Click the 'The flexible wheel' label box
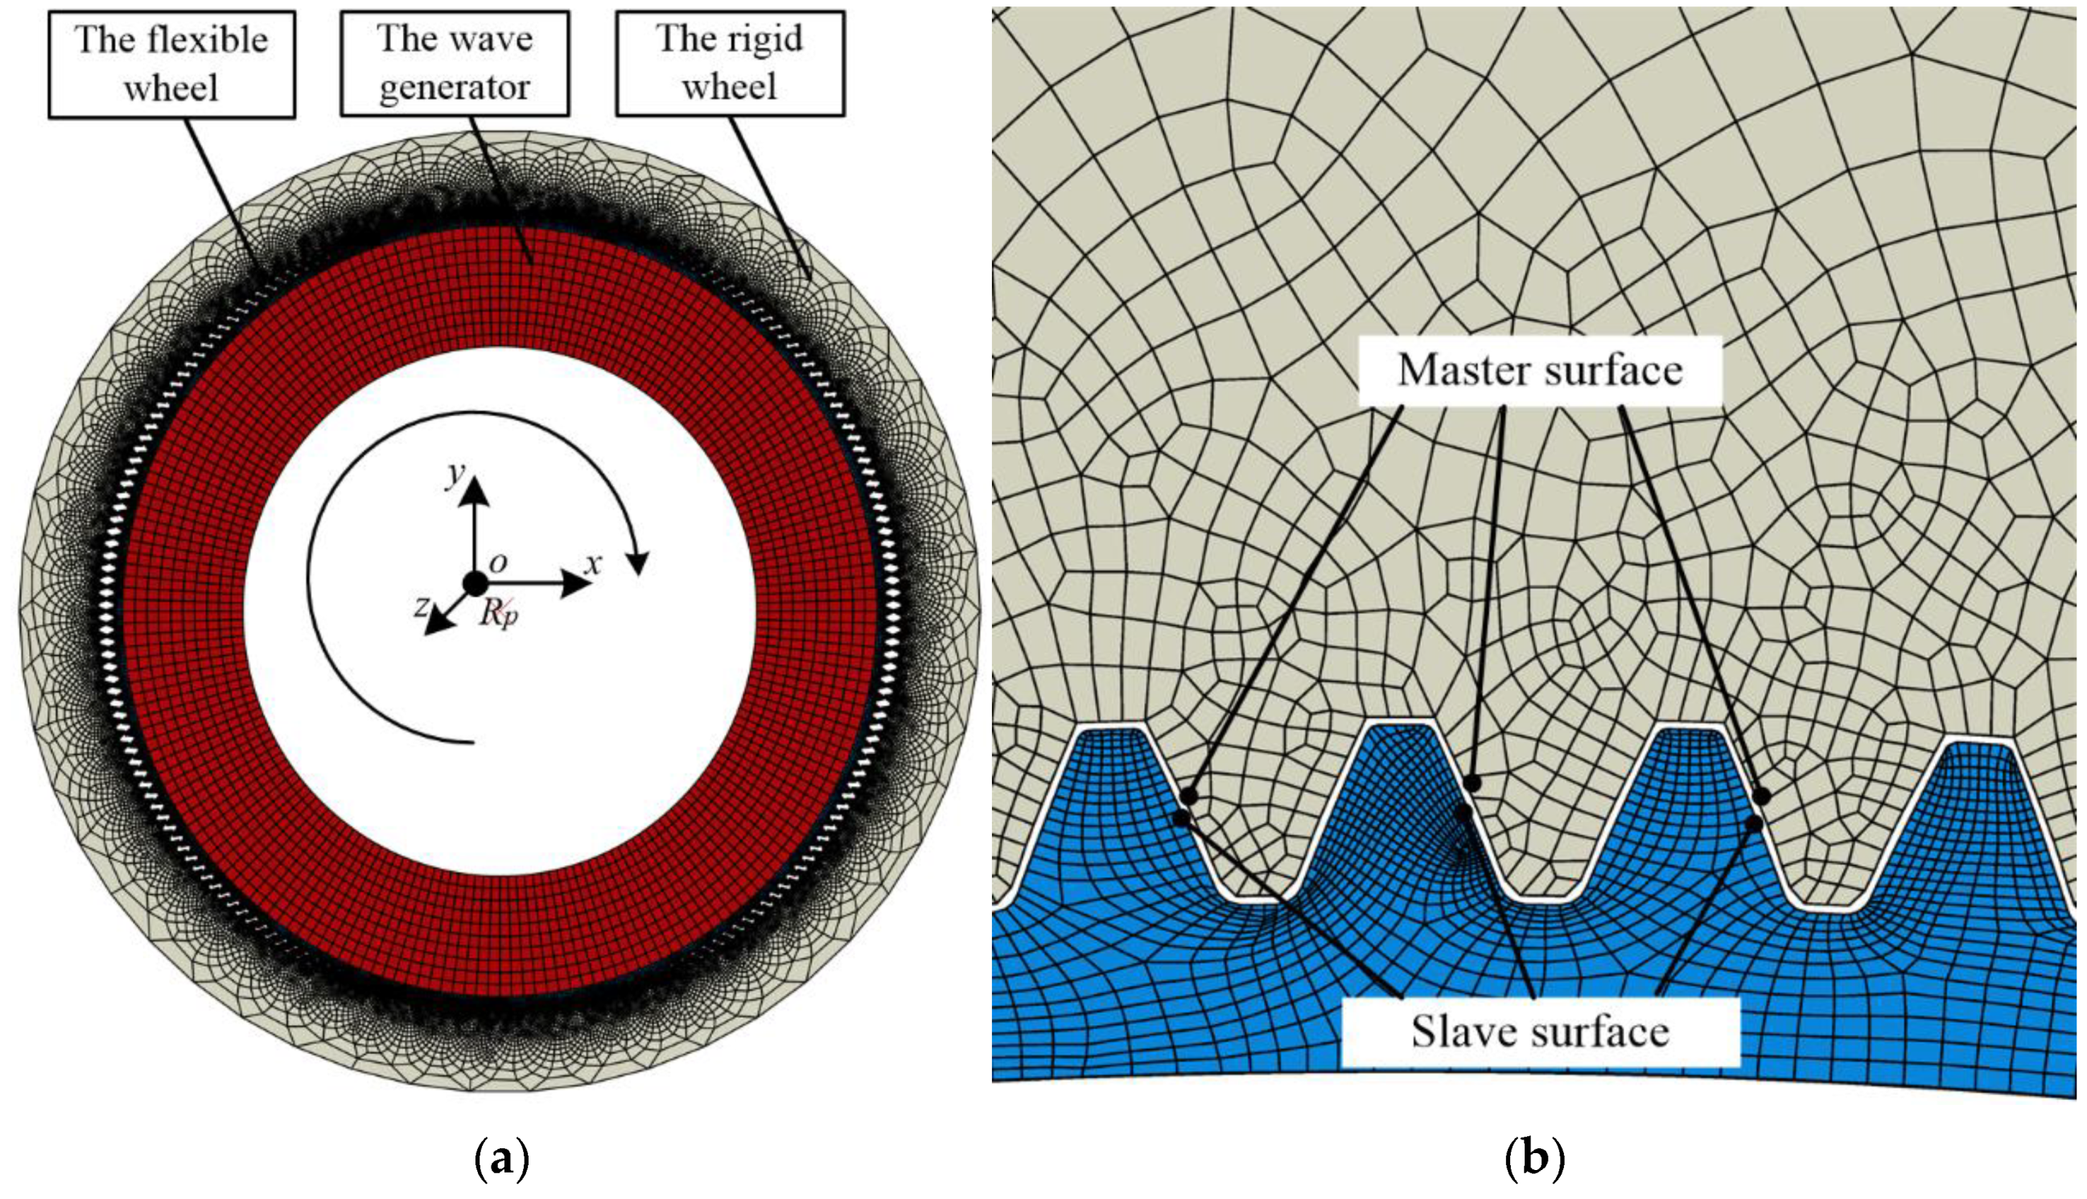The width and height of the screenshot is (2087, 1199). pos(171,64)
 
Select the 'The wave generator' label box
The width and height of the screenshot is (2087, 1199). pos(455,64)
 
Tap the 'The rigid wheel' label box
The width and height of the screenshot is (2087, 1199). pos(730,64)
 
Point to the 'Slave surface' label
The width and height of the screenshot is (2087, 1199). pos(1540,1031)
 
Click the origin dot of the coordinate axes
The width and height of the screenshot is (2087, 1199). pos(475,583)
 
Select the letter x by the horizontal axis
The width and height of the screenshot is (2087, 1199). pos(593,564)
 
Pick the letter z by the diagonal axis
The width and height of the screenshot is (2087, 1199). pos(422,606)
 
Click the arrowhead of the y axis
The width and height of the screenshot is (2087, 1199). pos(475,492)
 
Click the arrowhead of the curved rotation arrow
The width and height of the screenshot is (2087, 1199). pos(638,562)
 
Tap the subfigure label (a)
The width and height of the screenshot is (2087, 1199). pos(501,1160)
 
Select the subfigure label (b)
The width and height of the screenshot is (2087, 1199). pos(1533,1160)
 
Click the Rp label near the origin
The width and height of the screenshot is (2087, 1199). pos(500,613)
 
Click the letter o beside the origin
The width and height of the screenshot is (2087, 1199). pos(498,562)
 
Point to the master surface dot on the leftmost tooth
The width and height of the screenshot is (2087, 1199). pos(1188,796)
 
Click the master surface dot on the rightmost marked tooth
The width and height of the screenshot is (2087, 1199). pos(1761,796)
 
